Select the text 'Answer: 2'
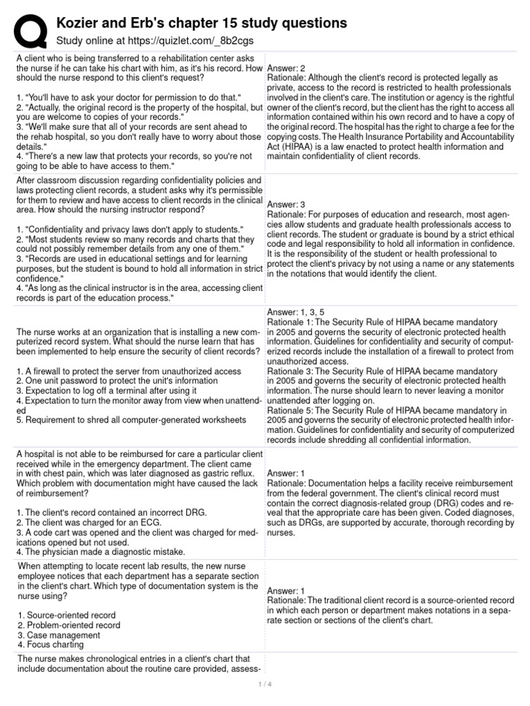[286, 69]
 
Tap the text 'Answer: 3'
[286, 205]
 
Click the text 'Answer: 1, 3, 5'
[296, 312]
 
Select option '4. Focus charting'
[50, 645]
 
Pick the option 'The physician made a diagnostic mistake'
[100, 552]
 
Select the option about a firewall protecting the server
[128, 371]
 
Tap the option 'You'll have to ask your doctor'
[128, 98]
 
